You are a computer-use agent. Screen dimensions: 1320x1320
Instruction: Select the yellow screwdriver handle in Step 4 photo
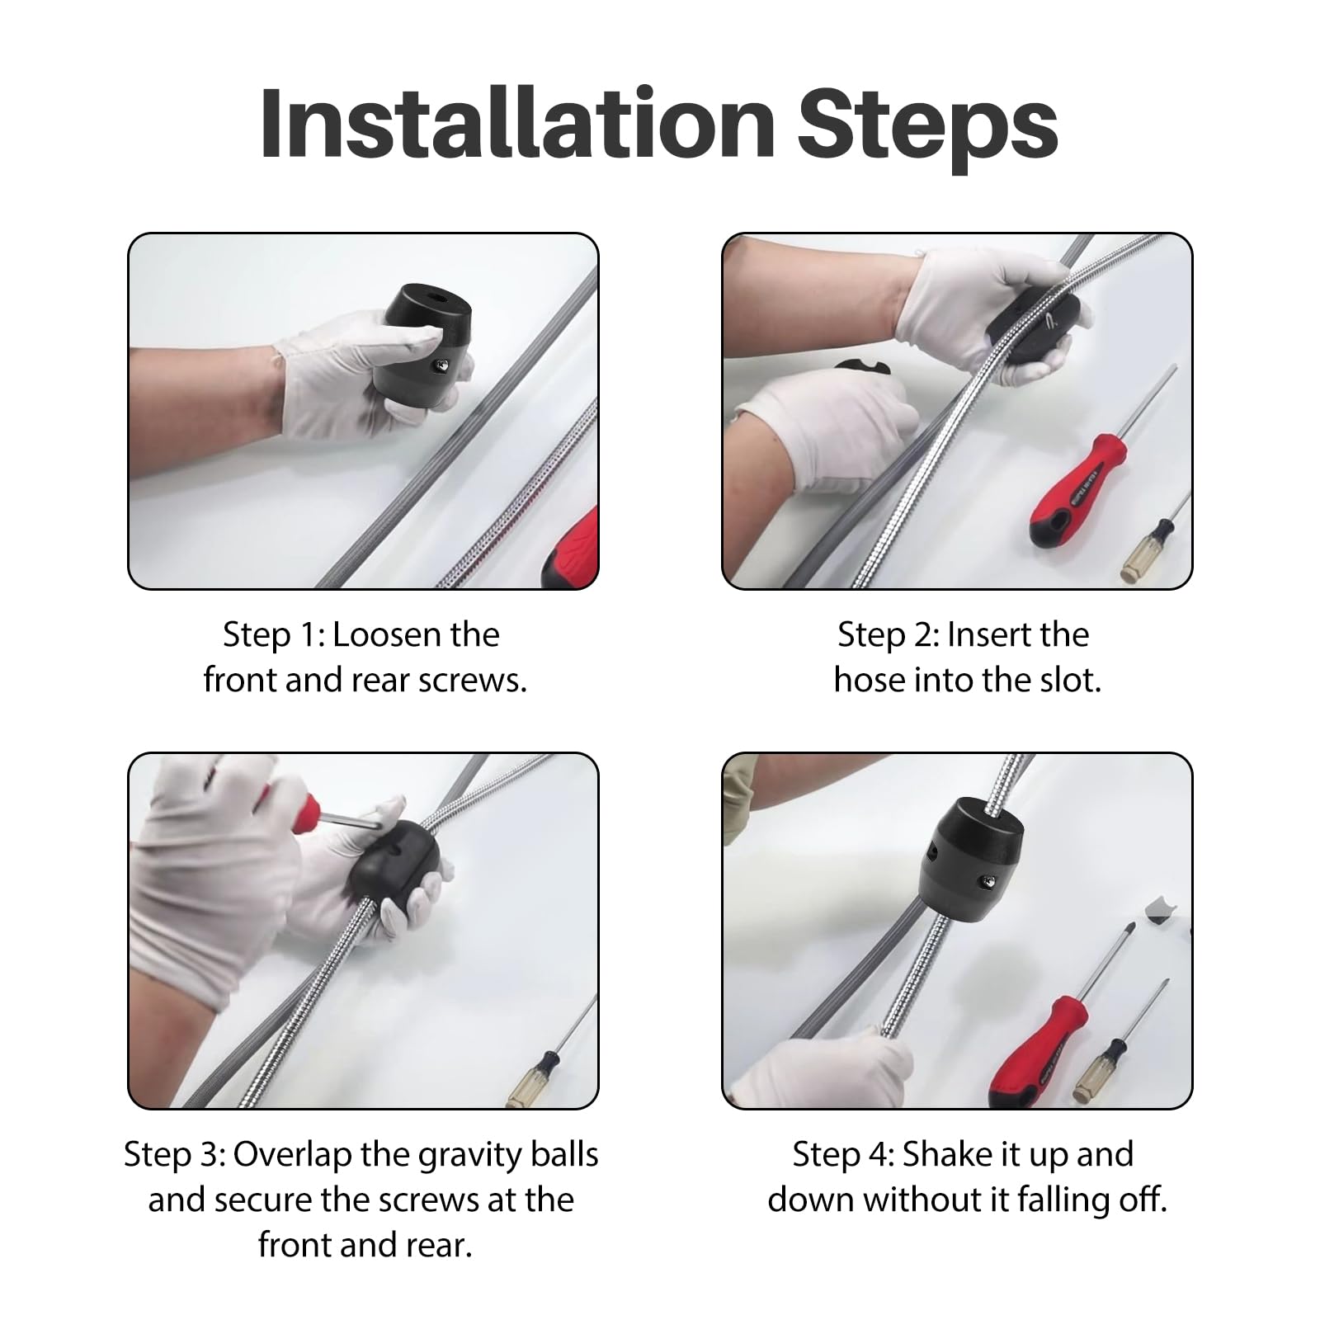pyautogui.click(x=1103, y=1070)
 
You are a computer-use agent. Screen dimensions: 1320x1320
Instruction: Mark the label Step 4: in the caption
pyautogui.click(x=843, y=1154)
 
